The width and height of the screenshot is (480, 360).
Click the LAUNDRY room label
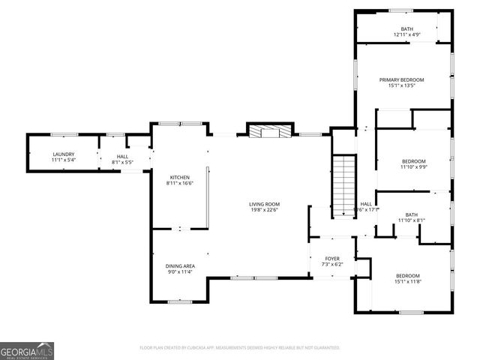[63, 154]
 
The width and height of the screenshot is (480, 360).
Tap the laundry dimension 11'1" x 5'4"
[63, 160]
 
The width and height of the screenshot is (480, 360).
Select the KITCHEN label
[180, 177]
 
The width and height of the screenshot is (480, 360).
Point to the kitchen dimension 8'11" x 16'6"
[180, 183]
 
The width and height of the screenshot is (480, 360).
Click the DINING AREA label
[180, 265]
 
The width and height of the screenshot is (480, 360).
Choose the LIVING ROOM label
[265, 204]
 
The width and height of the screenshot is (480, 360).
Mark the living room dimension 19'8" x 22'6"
[265, 210]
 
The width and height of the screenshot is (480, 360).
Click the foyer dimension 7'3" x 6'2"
[332, 265]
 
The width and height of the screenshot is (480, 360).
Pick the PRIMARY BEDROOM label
[401, 79]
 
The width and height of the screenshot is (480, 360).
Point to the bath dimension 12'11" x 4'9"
[406, 34]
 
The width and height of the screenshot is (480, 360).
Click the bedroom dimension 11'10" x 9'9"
[413, 167]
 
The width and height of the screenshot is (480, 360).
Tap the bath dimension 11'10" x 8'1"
[411, 220]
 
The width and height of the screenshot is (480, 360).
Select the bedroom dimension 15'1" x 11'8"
[408, 281]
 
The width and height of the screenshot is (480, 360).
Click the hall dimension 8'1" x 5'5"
[122, 161]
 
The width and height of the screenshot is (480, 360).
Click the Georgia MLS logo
[27, 350]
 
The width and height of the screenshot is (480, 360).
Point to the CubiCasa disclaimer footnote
[240, 348]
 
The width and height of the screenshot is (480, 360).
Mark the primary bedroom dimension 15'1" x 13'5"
[401, 85]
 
